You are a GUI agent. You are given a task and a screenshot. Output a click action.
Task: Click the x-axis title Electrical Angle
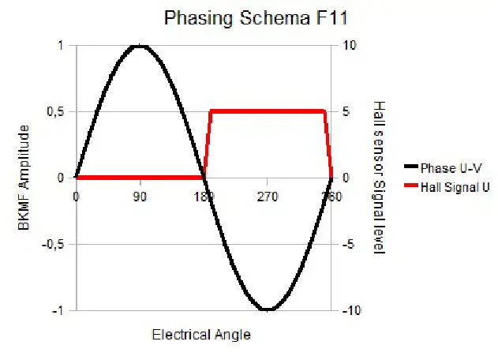(x=201, y=335)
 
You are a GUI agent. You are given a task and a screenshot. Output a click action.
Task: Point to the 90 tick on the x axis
(x=140, y=197)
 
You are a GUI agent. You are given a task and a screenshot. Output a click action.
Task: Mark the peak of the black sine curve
(x=140, y=46)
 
